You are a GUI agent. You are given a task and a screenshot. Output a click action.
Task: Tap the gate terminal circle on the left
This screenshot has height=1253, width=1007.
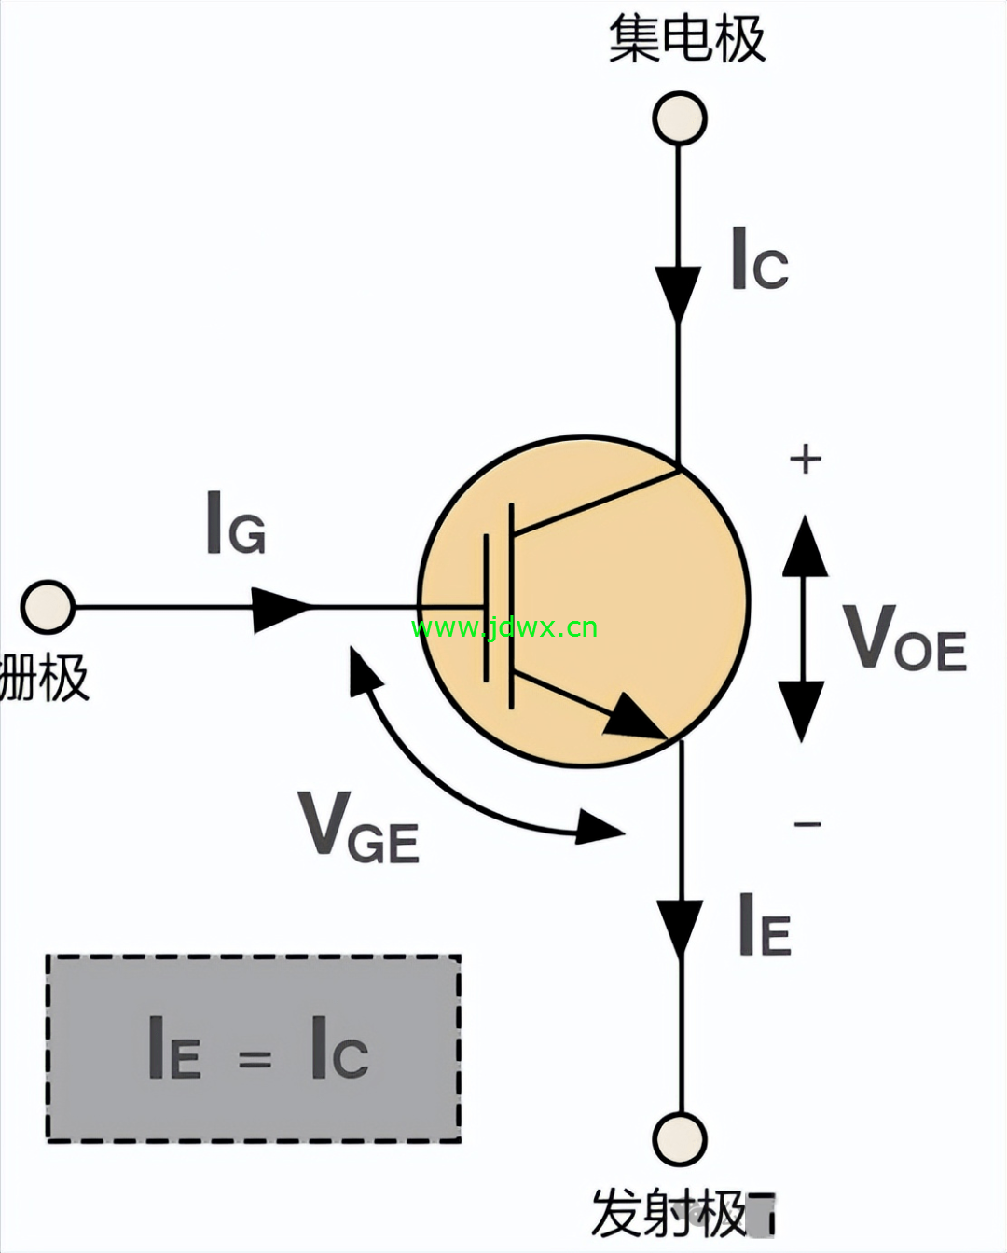pyautogui.click(x=48, y=607)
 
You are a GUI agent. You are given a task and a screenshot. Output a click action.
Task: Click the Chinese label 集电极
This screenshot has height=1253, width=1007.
pyautogui.click(x=687, y=39)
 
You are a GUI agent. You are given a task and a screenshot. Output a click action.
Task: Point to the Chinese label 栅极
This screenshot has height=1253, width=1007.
pyautogui.click(x=44, y=677)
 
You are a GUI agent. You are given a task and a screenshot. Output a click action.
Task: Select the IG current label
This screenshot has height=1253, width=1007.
pyautogui.click(x=236, y=522)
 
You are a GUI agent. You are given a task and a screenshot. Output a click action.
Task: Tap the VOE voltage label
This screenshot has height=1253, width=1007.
pyautogui.click(x=904, y=637)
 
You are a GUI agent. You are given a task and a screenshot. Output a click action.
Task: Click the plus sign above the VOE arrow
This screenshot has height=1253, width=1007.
pyautogui.click(x=806, y=459)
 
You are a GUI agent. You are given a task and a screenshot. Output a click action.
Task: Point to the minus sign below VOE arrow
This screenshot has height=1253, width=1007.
pyautogui.click(x=807, y=824)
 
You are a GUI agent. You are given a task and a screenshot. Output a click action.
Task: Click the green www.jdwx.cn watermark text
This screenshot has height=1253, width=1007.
pyautogui.click(x=504, y=627)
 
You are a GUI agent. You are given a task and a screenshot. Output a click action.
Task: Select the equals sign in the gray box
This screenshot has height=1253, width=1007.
pyautogui.click(x=255, y=1059)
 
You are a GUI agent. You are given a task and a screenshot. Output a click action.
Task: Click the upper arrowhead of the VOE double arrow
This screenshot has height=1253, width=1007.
pyautogui.click(x=805, y=545)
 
